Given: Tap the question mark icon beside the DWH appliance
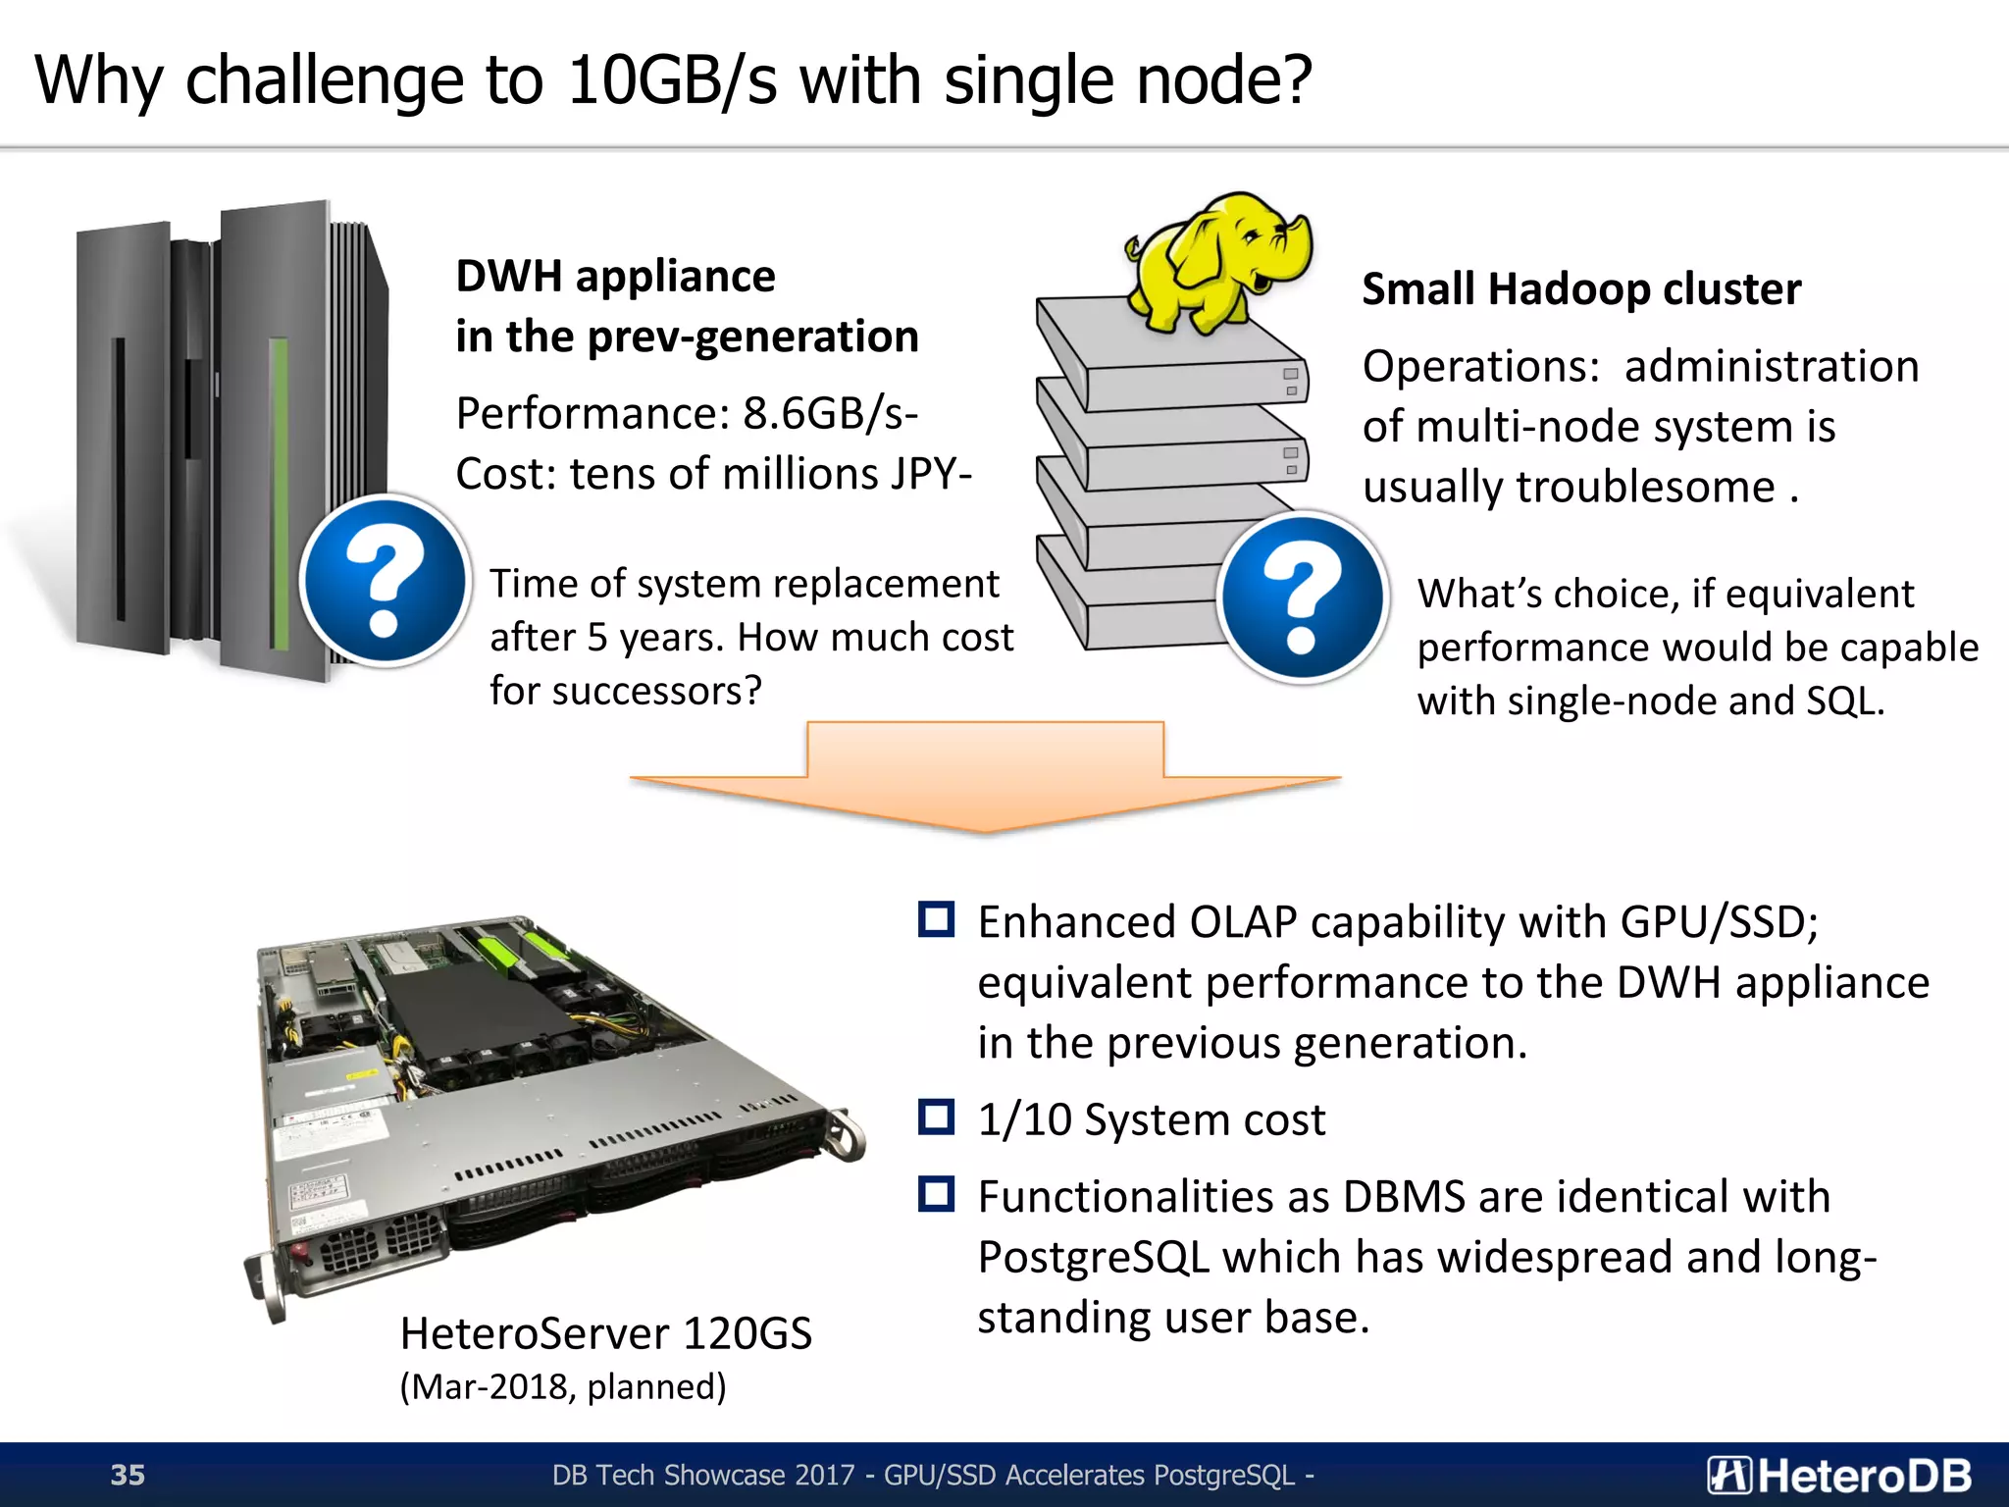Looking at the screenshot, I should [385, 582].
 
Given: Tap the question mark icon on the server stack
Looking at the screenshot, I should [1302, 598].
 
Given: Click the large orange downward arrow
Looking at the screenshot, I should [985, 775].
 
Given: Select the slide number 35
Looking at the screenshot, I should [128, 1475].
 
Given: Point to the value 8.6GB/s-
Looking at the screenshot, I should [830, 413].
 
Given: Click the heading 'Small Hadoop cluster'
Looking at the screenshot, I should [1580, 289].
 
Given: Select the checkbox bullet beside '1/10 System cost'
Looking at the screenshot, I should [936, 1117].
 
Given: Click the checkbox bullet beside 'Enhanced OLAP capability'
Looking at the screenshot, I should [936, 919].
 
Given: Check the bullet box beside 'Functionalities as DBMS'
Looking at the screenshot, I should [936, 1194].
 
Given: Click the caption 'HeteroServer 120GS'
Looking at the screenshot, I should [605, 1333].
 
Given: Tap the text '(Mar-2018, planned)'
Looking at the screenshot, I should [563, 1386].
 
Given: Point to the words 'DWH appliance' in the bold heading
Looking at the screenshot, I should [615, 276].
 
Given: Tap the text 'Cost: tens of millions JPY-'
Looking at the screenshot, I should [713, 474].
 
